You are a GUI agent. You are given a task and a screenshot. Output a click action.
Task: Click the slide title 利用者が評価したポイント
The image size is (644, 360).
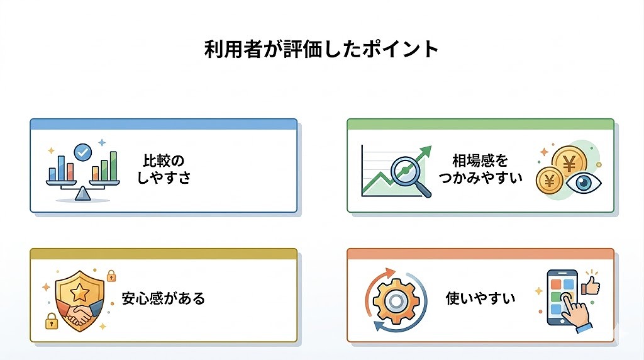pos(321,49)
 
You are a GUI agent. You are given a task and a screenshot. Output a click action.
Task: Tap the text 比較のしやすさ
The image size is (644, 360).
pos(164,169)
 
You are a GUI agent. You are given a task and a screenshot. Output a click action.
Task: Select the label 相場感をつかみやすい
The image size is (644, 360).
pos(480,169)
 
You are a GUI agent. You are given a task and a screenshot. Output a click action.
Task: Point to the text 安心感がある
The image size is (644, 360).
pos(163,298)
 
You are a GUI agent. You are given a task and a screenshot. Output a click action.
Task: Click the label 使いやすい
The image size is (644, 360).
pos(480,298)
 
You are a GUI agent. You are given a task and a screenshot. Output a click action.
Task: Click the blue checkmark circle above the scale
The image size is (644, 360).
pos(82,152)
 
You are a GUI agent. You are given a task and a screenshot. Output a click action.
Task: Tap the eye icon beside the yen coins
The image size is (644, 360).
pos(584,183)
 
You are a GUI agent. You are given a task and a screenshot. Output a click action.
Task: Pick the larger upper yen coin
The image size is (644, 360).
pos(569,164)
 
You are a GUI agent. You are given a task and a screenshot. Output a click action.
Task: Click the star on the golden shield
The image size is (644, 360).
pos(80,292)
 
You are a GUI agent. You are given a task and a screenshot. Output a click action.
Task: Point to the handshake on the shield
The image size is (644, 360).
pos(80,313)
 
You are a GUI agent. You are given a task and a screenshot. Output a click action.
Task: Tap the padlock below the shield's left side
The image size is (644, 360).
pos(52,322)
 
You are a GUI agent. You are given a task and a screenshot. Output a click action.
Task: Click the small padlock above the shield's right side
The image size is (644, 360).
pos(111,276)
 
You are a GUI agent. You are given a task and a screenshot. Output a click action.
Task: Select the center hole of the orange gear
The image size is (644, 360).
pos(396,301)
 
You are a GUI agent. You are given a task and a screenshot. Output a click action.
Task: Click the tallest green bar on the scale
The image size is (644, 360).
pos(113,166)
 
